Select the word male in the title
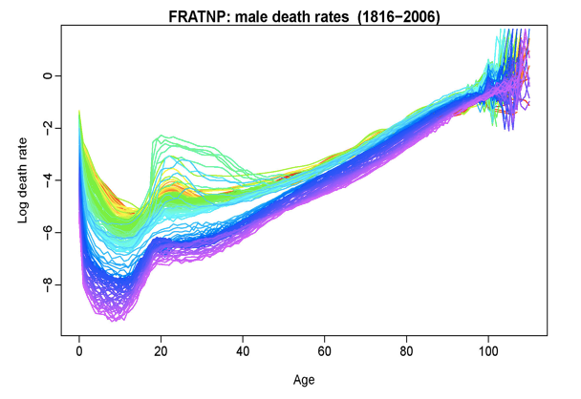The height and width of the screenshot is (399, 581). pos(251,16)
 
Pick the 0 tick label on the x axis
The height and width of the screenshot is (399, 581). pos(78,350)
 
